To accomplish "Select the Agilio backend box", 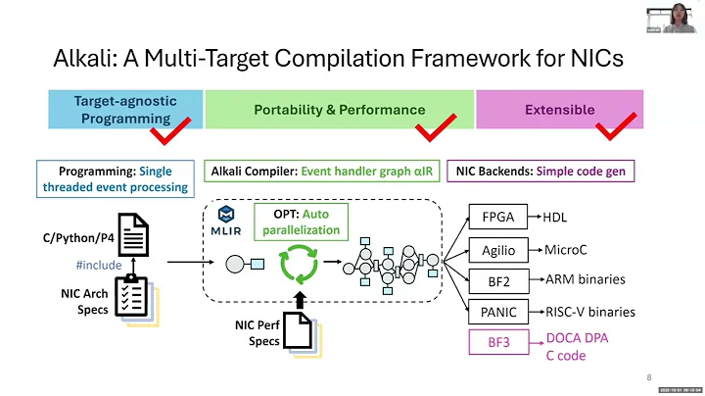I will tap(498, 249).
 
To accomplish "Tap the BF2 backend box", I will tap(498, 280).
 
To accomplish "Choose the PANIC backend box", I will tap(498, 312).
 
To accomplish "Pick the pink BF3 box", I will tap(498, 344).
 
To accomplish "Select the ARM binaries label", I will tap(585, 279).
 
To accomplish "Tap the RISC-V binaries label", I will tap(590, 312).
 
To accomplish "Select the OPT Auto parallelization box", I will tap(303, 222).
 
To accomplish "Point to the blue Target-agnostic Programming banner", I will tap(124, 109).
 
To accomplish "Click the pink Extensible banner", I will tap(559, 110).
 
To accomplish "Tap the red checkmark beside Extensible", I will tap(617, 126).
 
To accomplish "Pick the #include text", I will tap(99, 265).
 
